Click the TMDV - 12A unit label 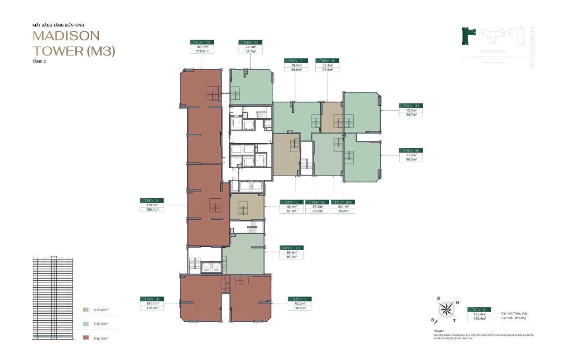pyautogui.click(x=202, y=42)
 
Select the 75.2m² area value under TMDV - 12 pyautogui.click(x=250, y=47)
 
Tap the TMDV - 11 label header pyautogui.click(x=296, y=60)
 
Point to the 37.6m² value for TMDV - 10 pyautogui.click(x=327, y=69)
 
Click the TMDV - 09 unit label pyautogui.click(x=411, y=106)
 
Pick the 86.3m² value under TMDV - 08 pyautogui.click(x=411, y=160)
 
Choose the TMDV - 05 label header pyautogui.click(x=291, y=202)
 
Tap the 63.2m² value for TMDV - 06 pyautogui.click(x=317, y=211)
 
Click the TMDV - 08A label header pyautogui.click(x=343, y=202)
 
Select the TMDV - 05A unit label pyautogui.click(x=291, y=248)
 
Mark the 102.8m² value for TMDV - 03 pyautogui.click(x=300, y=308)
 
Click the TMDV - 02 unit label pyautogui.click(x=152, y=299)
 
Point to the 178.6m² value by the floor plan pyautogui.click(x=152, y=205)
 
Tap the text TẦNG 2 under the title pyautogui.click(x=39, y=62)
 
